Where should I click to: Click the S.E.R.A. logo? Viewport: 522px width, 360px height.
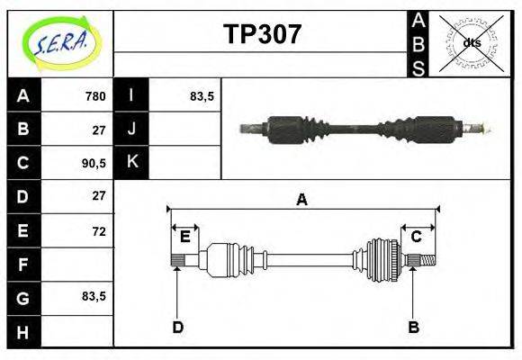pyautogui.click(x=60, y=42)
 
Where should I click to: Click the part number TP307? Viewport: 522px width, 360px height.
pyautogui.click(x=262, y=34)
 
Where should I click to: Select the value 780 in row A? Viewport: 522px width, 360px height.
pyautogui.click(x=95, y=95)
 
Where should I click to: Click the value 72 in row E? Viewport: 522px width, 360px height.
pyautogui.click(x=98, y=230)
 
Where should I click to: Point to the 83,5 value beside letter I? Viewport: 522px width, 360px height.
pyautogui.click(x=202, y=95)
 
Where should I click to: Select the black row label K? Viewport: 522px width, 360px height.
pyautogui.click(x=132, y=162)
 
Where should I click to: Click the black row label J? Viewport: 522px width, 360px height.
pyautogui.click(x=132, y=129)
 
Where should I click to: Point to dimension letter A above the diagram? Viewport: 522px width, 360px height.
pyautogui.click(x=302, y=200)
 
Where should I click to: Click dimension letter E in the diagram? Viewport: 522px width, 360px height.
pyautogui.click(x=184, y=237)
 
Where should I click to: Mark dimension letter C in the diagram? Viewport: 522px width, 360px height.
pyautogui.click(x=417, y=237)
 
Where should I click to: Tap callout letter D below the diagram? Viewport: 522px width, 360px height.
pyautogui.click(x=177, y=327)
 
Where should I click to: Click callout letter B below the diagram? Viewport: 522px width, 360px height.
pyautogui.click(x=413, y=327)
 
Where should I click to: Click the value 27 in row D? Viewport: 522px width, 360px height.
pyautogui.click(x=98, y=196)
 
